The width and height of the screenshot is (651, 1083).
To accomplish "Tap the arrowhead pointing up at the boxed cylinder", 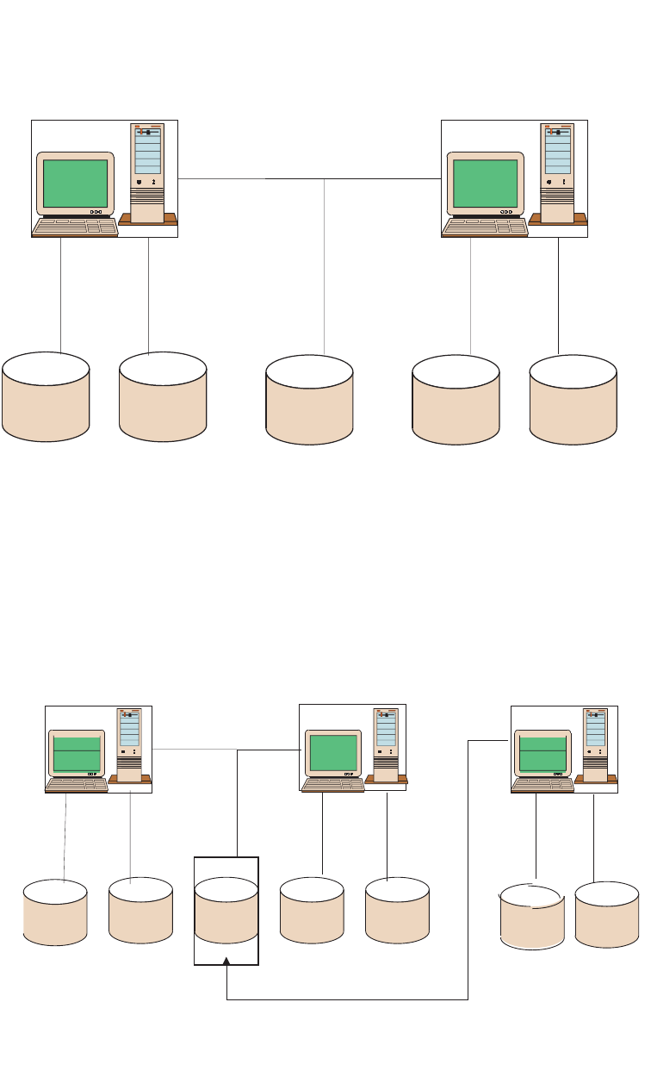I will pos(226,962).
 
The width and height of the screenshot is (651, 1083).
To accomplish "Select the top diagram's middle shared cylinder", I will pos(309,400).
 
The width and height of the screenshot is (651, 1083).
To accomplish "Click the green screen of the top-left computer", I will pos(75,183).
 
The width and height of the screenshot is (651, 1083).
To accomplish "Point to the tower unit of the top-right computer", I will pos(557,172).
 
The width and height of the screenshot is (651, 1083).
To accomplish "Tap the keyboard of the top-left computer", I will pos(75,227).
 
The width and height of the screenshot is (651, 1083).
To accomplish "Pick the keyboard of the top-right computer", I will pos(485,227).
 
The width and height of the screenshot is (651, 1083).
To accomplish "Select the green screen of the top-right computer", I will pos(485,183).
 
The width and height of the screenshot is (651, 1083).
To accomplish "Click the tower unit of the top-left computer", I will pos(147,172).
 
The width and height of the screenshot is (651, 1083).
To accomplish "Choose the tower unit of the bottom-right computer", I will pos(595,746).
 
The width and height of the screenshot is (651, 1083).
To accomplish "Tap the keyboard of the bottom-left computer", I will pos(77,785).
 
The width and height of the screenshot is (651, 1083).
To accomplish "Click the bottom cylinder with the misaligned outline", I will pos(532,916).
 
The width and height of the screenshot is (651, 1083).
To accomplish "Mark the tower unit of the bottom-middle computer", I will pos(385,746).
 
